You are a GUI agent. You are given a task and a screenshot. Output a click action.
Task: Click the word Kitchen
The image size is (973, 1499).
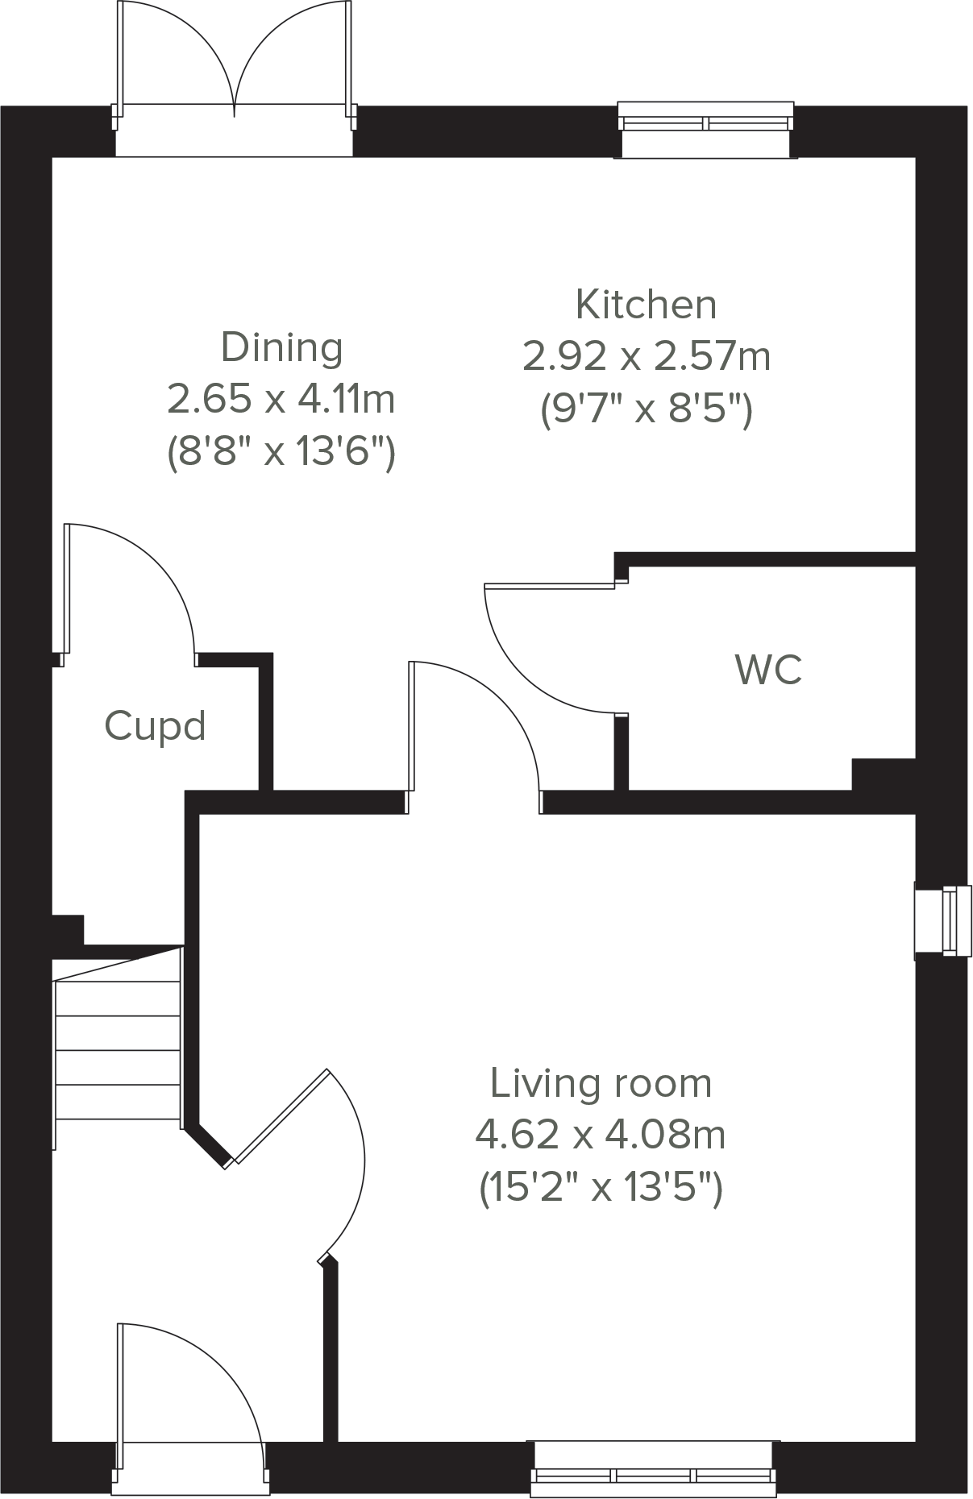point(646,305)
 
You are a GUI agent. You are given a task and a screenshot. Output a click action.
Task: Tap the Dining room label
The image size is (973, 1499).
point(281,347)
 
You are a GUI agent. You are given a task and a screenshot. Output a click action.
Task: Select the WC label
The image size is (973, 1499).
point(768,670)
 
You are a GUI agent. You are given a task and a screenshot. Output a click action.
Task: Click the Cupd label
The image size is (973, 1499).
point(155,725)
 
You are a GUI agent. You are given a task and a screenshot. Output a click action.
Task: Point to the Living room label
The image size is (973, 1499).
point(601,1083)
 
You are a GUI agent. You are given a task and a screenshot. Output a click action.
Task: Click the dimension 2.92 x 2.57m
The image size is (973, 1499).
point(646,356)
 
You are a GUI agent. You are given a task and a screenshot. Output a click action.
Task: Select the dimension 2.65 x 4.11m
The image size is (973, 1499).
point(281,399)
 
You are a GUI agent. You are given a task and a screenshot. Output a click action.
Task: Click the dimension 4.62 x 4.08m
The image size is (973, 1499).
point(601,1135)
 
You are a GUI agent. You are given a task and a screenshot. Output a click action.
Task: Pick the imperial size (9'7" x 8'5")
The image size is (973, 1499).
point(646,409)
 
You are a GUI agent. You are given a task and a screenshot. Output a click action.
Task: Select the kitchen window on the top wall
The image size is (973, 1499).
point(705,125)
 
